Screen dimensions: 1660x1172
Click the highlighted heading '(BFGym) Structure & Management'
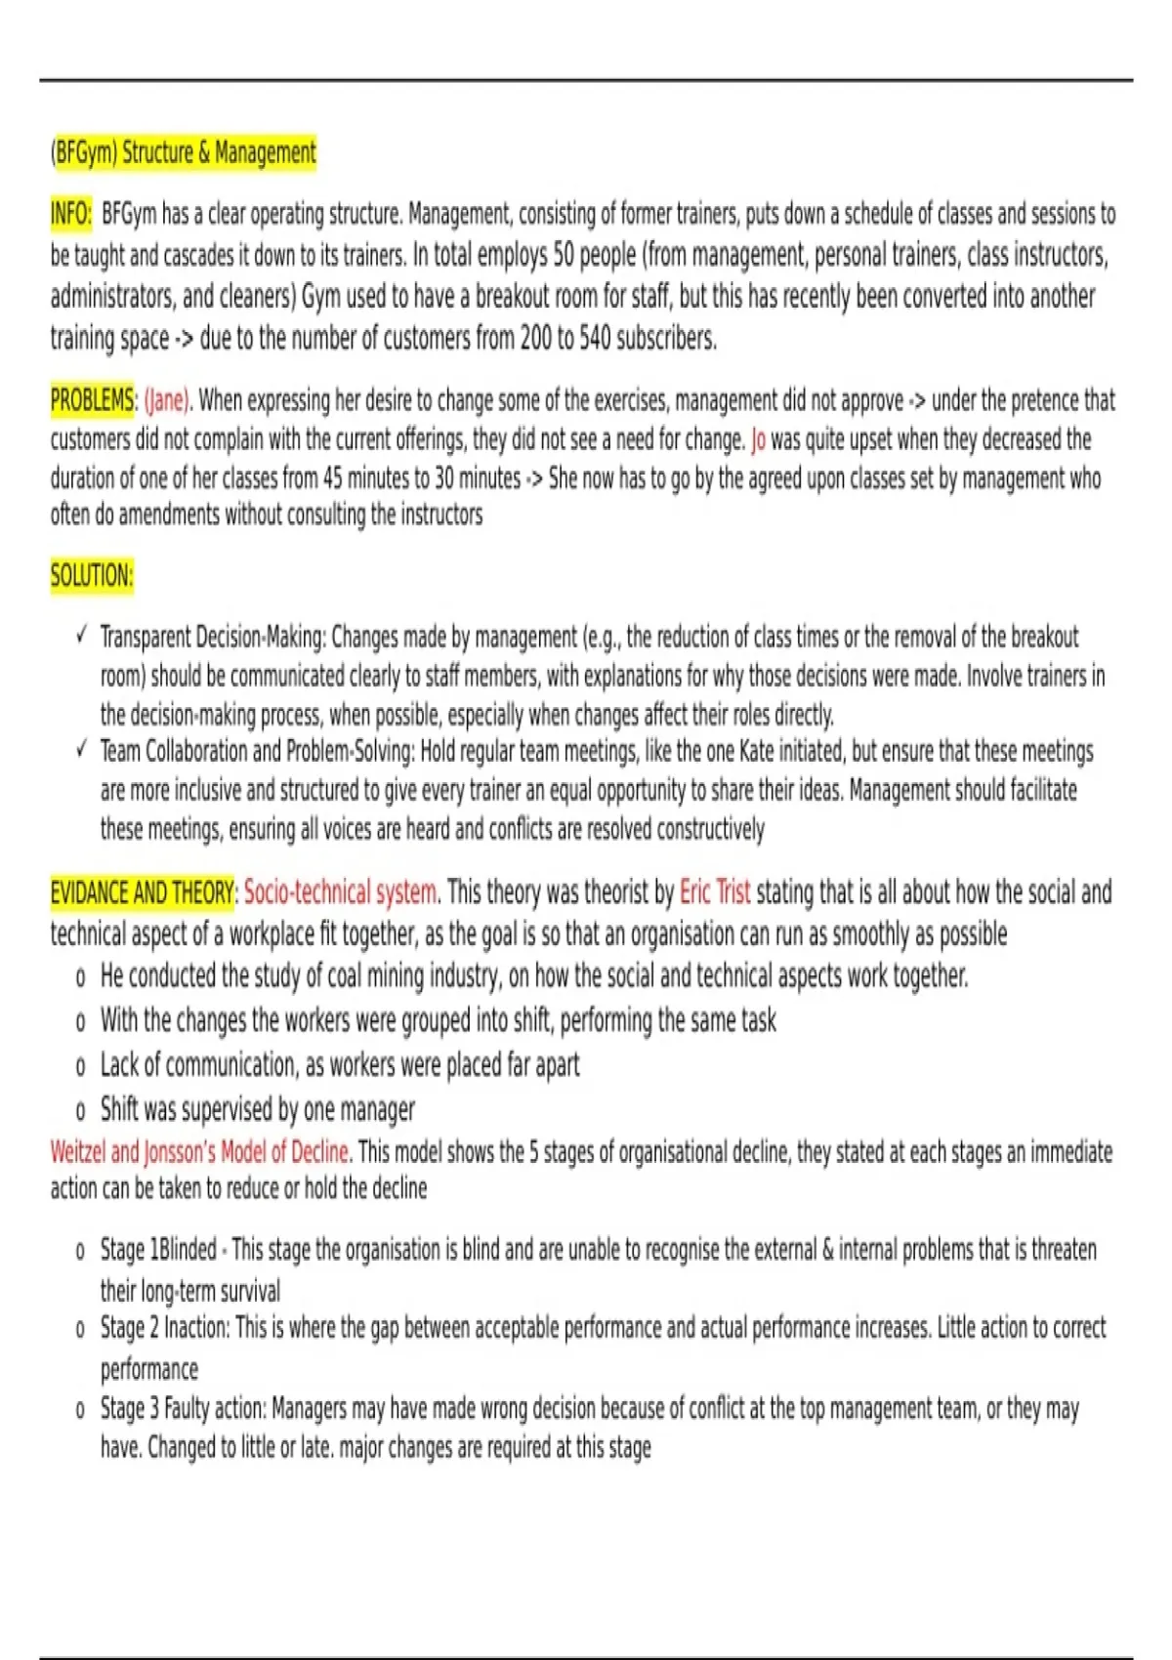tap(184, 153)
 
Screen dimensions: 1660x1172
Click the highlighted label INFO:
tap(71, 214)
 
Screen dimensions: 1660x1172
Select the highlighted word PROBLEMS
tap(92, 400)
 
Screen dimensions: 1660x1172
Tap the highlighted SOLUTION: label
tap(92, 575)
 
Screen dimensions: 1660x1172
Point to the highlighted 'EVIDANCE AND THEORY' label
tap(143, 892)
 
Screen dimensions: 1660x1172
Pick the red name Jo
tap(758, 439)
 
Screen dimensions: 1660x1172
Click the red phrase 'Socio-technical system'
tap(341, 892)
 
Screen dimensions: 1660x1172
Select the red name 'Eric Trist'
tap(715, 892)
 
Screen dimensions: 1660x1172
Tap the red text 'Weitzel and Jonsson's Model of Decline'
tap(200, 1152)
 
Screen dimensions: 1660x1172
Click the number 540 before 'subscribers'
tap(595, 339)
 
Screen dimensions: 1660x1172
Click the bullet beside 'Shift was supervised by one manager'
tap(80, 1111)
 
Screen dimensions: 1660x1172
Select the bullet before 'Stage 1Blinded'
tap(80, 1252)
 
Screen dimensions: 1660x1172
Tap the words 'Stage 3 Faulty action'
tap(182, 1409)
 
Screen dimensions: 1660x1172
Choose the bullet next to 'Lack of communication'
tap(80, 1066)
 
